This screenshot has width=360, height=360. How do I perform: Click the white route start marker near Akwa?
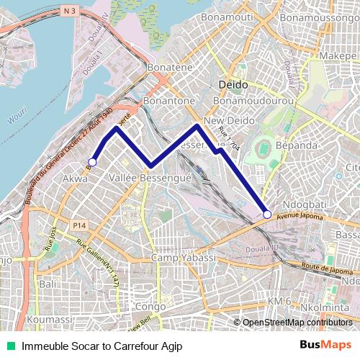(x=92, y=162)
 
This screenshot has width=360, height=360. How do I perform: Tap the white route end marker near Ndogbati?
(x=267, y=214)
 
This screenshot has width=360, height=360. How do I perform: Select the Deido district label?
(x=232, y=85)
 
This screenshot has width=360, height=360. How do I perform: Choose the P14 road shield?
(x=80, y=226)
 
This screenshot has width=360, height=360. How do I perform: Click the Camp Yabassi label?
(x=184, y=258)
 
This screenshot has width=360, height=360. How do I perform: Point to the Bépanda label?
(x=295, y=145)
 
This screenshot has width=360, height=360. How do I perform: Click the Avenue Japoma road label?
(x=300, y=212)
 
